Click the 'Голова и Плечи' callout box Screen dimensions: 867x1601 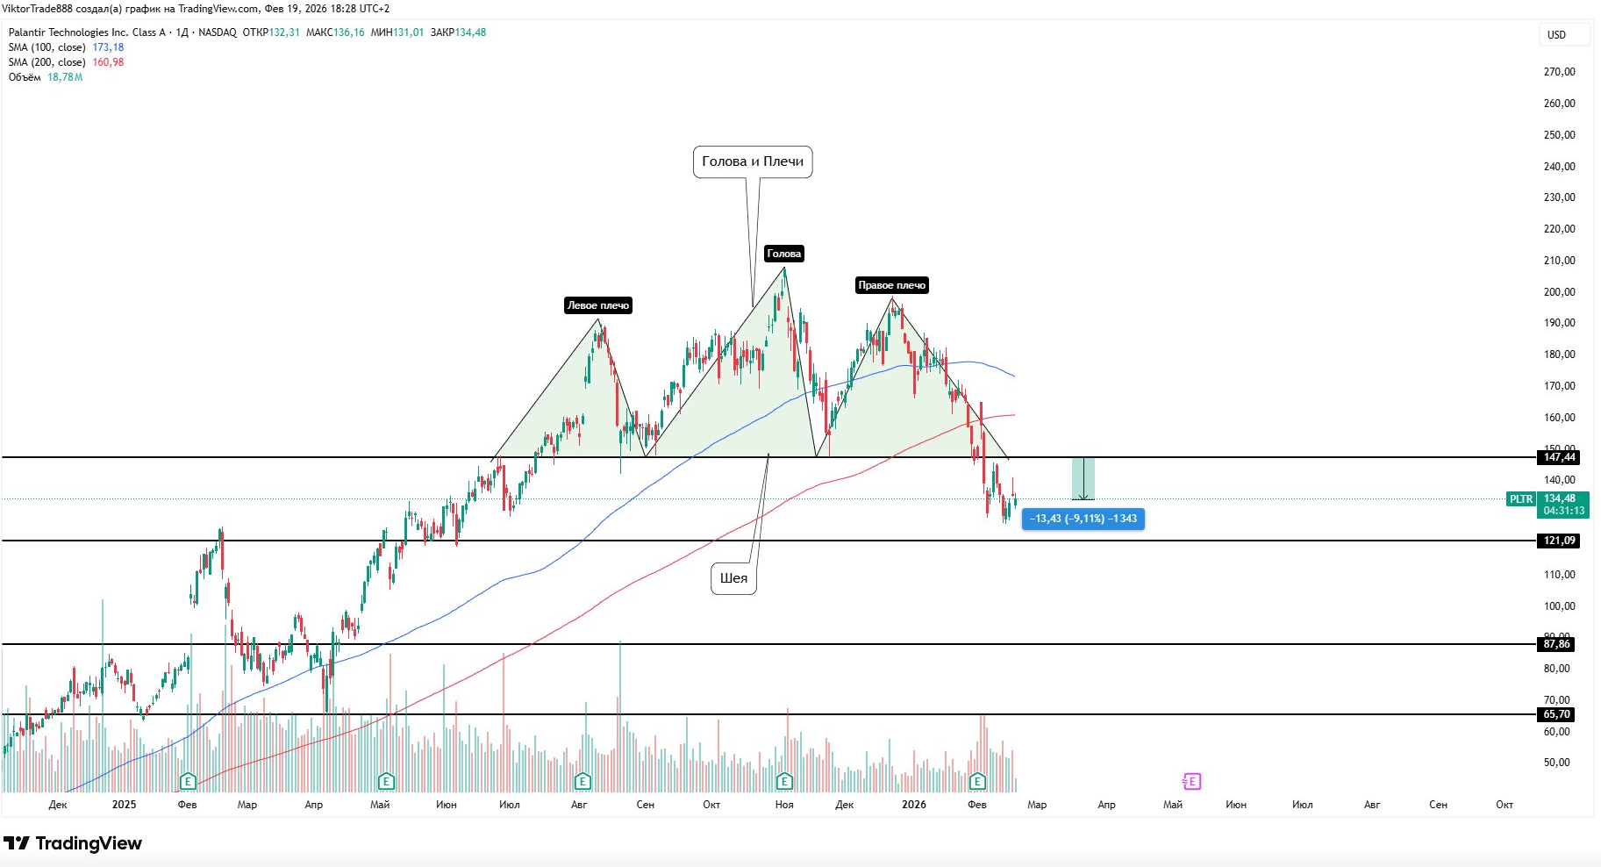(753, 161)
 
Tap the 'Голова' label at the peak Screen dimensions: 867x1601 (783, 254)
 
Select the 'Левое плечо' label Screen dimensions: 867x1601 (598, 305)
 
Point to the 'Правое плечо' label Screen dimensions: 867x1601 (891, 285)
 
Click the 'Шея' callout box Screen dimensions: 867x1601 (733, 578)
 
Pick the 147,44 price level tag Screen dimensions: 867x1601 (1559, 457)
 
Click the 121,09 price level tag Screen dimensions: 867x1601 (1559, 541)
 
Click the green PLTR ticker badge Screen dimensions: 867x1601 (1521, 499)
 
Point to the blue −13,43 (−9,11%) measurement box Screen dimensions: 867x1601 (1083, 519)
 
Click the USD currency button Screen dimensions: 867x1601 (1556, 35)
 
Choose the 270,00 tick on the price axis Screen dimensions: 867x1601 (1559, 72)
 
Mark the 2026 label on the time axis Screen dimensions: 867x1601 (913, 805)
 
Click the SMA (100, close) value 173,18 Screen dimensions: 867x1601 (108, 47)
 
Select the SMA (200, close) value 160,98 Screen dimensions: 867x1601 (108, 62)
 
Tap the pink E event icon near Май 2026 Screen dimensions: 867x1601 (1191, 781)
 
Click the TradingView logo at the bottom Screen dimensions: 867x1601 (74, 843)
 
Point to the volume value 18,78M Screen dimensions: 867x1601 (65, 77)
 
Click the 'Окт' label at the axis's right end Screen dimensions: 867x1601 (1504, 805)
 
